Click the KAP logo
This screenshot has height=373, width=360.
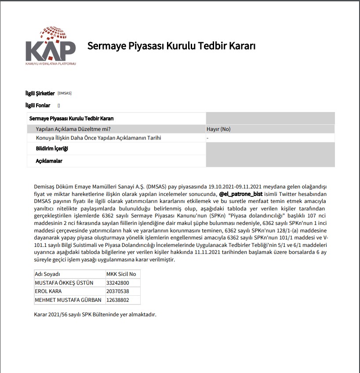50,46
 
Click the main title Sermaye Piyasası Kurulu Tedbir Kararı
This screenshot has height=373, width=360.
171,46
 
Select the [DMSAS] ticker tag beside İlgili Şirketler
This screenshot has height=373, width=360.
64,93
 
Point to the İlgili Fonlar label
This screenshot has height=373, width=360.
38,105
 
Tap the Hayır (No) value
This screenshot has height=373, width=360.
218,129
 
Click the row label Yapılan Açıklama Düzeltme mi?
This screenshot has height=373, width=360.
73,129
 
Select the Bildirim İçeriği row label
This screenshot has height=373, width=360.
52,148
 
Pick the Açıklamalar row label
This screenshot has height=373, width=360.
49,161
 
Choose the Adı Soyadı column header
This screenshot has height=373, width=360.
47,274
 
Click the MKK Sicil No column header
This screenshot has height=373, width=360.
121,274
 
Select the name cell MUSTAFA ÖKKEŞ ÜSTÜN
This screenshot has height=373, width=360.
64,282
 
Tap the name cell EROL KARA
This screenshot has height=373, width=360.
48,291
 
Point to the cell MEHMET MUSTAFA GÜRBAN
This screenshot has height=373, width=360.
68,300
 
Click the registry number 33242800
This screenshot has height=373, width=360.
118,282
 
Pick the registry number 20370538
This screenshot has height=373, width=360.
118,291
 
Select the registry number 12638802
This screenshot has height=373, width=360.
118,300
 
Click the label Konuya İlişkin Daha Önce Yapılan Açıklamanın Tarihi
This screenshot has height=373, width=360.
98,138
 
